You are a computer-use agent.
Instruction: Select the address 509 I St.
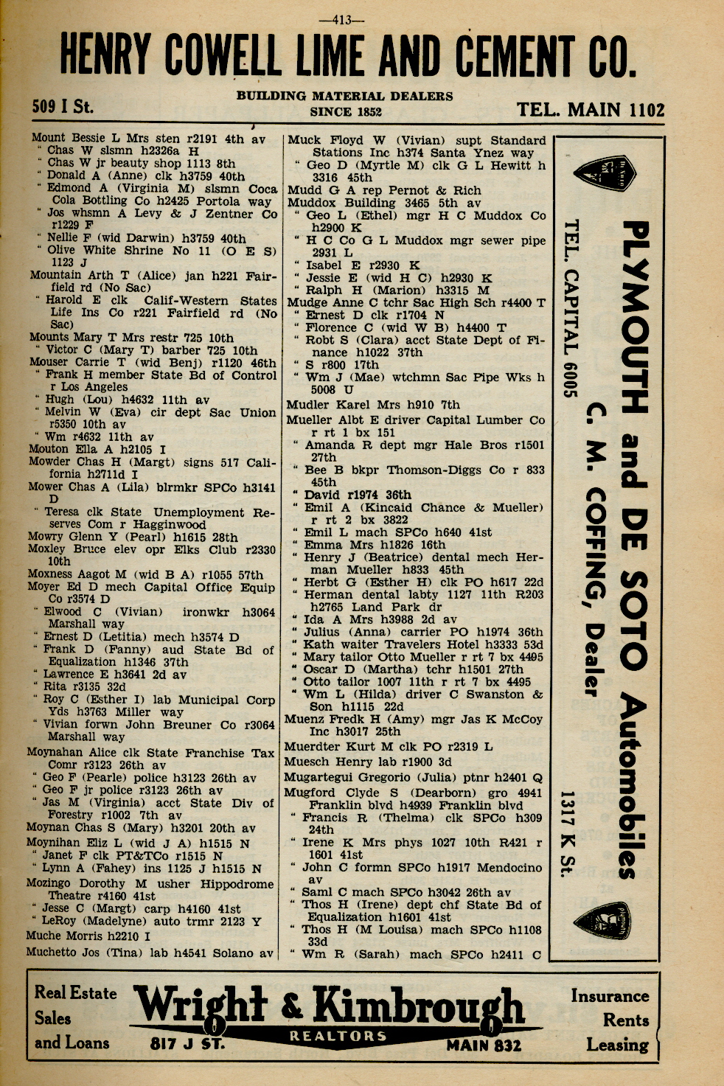coord(63,107)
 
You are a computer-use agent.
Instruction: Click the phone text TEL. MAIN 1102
coord(591,110)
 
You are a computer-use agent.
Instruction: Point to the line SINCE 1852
coord(345,112)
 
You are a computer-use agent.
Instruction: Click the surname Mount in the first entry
coord(49,138)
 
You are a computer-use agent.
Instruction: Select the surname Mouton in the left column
coord(49,449)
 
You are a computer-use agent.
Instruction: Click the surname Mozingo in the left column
coord(51,883)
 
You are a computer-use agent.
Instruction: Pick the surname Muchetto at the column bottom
coord(53,952)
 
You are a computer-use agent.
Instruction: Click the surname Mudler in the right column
coord(309,405)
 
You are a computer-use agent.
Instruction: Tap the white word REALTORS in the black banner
coord(338,1036)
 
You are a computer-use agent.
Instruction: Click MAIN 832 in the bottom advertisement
coord(483,1045)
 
